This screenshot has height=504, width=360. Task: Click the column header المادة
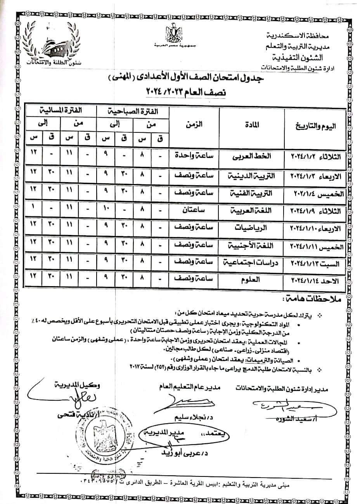pyautogui.click(x=253, y=125)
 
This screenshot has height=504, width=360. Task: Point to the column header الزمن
pyautogui.click(x=194, y=125)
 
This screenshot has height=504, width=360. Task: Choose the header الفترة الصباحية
pyautogui.click(x=134, y=111)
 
